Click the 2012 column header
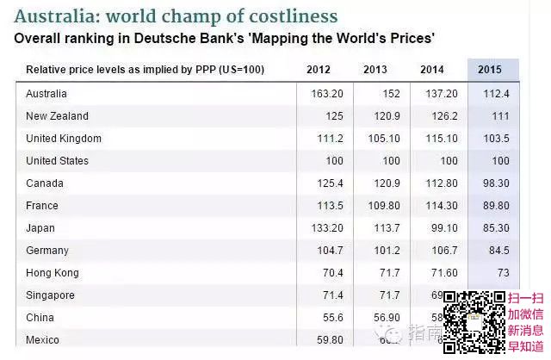319,69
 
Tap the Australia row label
46,93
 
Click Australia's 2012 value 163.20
326,94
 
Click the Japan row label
40,228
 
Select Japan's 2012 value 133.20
326,228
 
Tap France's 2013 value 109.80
383,206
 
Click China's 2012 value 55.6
331,318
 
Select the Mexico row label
43,339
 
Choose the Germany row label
47,251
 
